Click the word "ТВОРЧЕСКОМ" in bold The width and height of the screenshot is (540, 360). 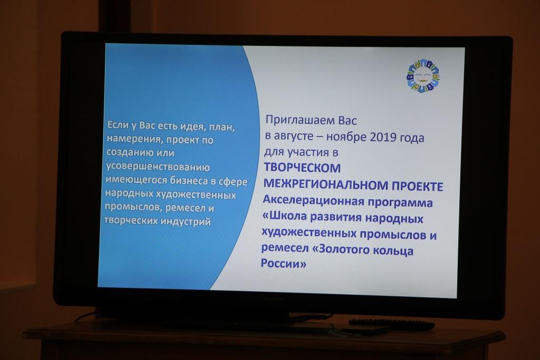pos(302,168)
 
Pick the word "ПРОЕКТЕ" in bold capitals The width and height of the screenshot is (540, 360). pos(417,186)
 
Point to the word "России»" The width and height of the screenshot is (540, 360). pos(283,264)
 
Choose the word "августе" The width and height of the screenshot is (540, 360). pos(294,136)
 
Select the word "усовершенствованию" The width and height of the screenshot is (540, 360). pos(158,167)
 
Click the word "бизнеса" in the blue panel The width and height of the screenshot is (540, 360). pos(189,180)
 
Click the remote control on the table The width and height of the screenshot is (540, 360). pos(392,324)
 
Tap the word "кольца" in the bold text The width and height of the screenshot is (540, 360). pos(393,250)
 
